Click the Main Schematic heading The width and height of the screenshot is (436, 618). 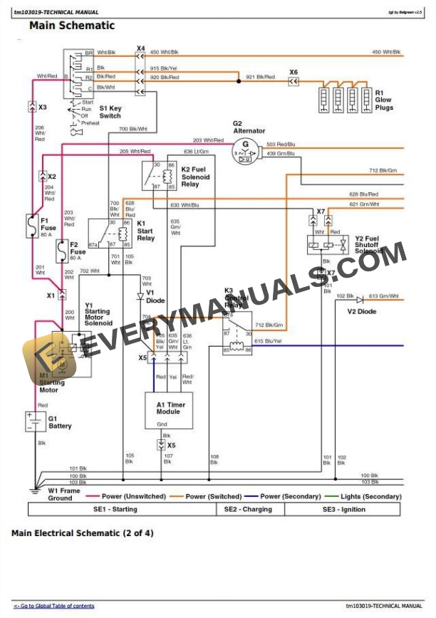[71, 26]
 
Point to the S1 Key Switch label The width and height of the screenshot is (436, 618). [110, 112]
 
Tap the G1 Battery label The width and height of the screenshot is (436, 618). [60, 422]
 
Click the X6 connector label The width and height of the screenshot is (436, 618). [294, 71]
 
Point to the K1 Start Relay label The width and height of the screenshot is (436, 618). [146, 231]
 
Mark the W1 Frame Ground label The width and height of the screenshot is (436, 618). [61, 494]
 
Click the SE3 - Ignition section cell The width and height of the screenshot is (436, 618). [343, 509]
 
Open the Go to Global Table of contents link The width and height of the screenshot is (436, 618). [53, 606]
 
